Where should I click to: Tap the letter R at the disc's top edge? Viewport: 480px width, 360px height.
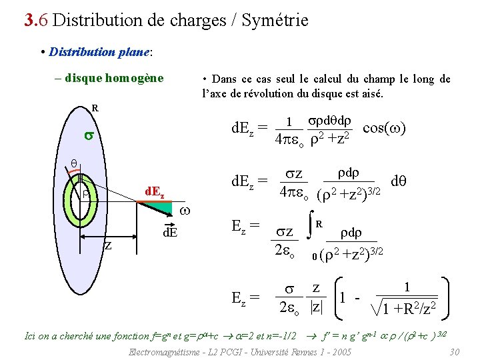click(x=95, y=107)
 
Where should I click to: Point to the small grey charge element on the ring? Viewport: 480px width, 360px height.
click(x=80, y=178)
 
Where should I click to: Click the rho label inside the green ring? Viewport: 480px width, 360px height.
click(x=87, y=195)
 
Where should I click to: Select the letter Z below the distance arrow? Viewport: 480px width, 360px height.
click(x=107, y=246)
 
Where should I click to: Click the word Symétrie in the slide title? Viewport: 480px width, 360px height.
click(x=273, y=21)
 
